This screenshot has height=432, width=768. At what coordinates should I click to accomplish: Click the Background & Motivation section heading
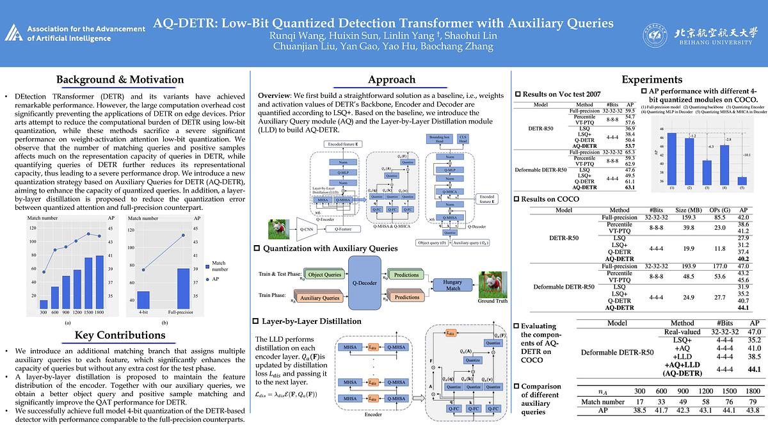click(x=120, y=80)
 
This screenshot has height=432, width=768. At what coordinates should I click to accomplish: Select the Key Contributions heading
click(x=120, y=335)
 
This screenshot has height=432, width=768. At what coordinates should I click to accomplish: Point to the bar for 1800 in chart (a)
click(x=99, y=282)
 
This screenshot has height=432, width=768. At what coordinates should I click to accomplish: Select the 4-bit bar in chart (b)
click(x=143, y=300)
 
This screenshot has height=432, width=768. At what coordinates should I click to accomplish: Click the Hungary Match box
click(x=452, y=285)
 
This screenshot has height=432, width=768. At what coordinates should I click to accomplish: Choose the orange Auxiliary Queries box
click(x=319, y=298)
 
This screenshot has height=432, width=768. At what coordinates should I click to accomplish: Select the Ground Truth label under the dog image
click(x=492, y=301)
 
